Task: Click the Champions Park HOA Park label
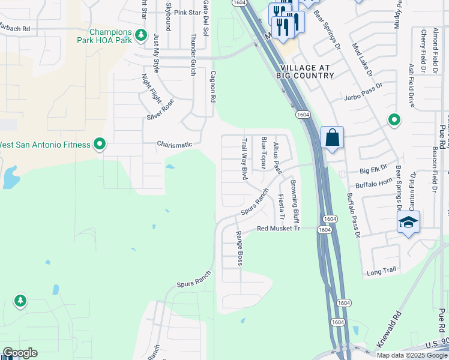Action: point(112,36)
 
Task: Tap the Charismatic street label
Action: point(175,144)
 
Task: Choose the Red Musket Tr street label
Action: point(278,229)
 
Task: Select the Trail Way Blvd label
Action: point(244,160)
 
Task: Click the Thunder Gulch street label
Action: point(193,54)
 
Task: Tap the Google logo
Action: point(20,353)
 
